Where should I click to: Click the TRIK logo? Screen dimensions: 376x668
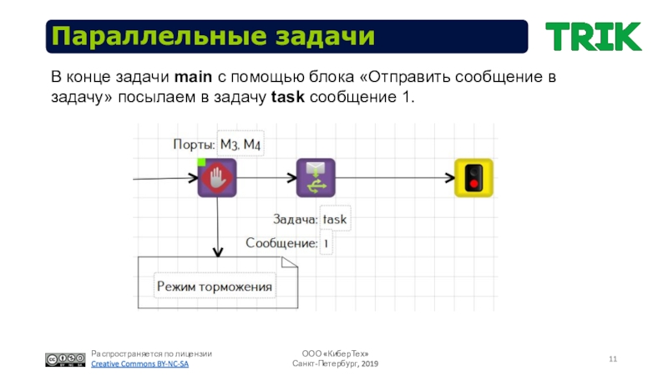coord(593,37)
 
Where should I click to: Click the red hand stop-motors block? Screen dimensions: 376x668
coord(217,178)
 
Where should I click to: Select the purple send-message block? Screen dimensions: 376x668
coord(316,178)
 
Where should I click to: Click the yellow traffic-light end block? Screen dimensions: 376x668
coord(473,178)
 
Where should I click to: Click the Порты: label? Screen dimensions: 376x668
coord(194,145)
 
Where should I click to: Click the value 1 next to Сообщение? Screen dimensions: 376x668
coord(326,244)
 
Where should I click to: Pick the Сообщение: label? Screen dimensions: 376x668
coord(281,244)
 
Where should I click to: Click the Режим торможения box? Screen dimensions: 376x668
coord(215,287)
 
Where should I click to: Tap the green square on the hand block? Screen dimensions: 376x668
coord(201,162)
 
